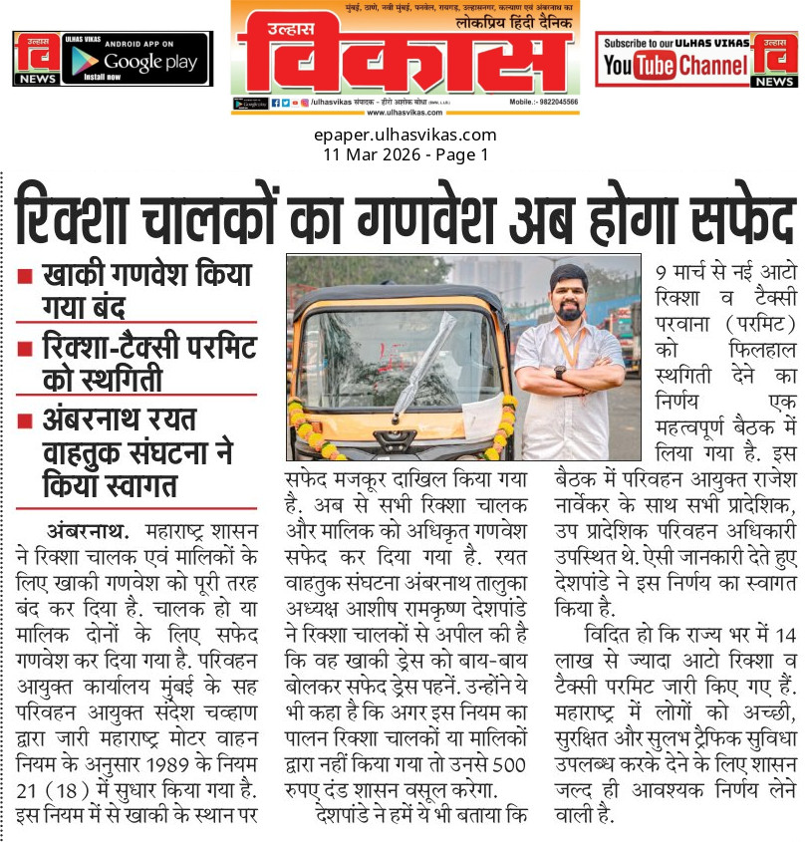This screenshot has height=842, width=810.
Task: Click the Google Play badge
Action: [x=135, y=59]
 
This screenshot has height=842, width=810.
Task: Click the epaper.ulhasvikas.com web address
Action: [x=405, y=136]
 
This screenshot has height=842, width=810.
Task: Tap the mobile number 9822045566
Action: [x=558, y=102]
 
